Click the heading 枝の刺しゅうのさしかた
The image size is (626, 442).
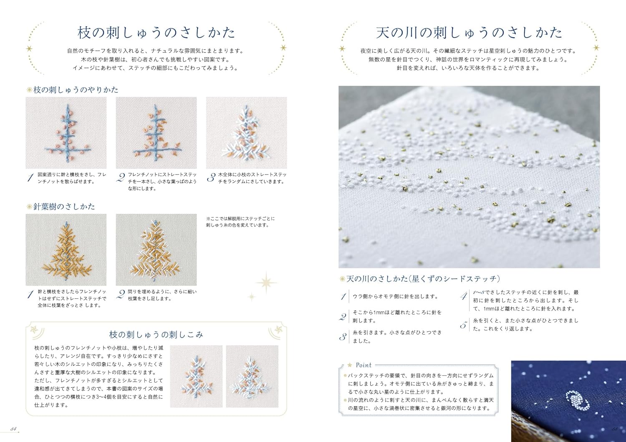[x=156, y=33]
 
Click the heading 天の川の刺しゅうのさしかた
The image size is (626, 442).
[x=469, y=33]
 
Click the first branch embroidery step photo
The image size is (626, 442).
[x=66, y=133]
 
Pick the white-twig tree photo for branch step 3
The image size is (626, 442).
[x=247, y=133]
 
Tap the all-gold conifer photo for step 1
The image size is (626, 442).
[x=66, y=250]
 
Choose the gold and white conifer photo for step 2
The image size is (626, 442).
[x=156, y=250]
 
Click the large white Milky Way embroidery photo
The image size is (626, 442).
[x=469, y=177]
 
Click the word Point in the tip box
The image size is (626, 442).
[x=363, y=365]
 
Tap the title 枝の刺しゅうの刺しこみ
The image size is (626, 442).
[x=156, y=335]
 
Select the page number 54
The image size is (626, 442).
[x=13, y=429]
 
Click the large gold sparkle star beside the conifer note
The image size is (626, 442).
[x=266, y=283]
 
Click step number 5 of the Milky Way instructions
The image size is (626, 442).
[x=463, y=325]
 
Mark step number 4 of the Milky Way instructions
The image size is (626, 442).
[x=464, y=296]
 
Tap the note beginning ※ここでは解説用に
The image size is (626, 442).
[x=240, y=222]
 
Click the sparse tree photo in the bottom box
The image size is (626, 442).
[x=196, y=376]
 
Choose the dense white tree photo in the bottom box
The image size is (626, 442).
[x=252, y=376]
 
